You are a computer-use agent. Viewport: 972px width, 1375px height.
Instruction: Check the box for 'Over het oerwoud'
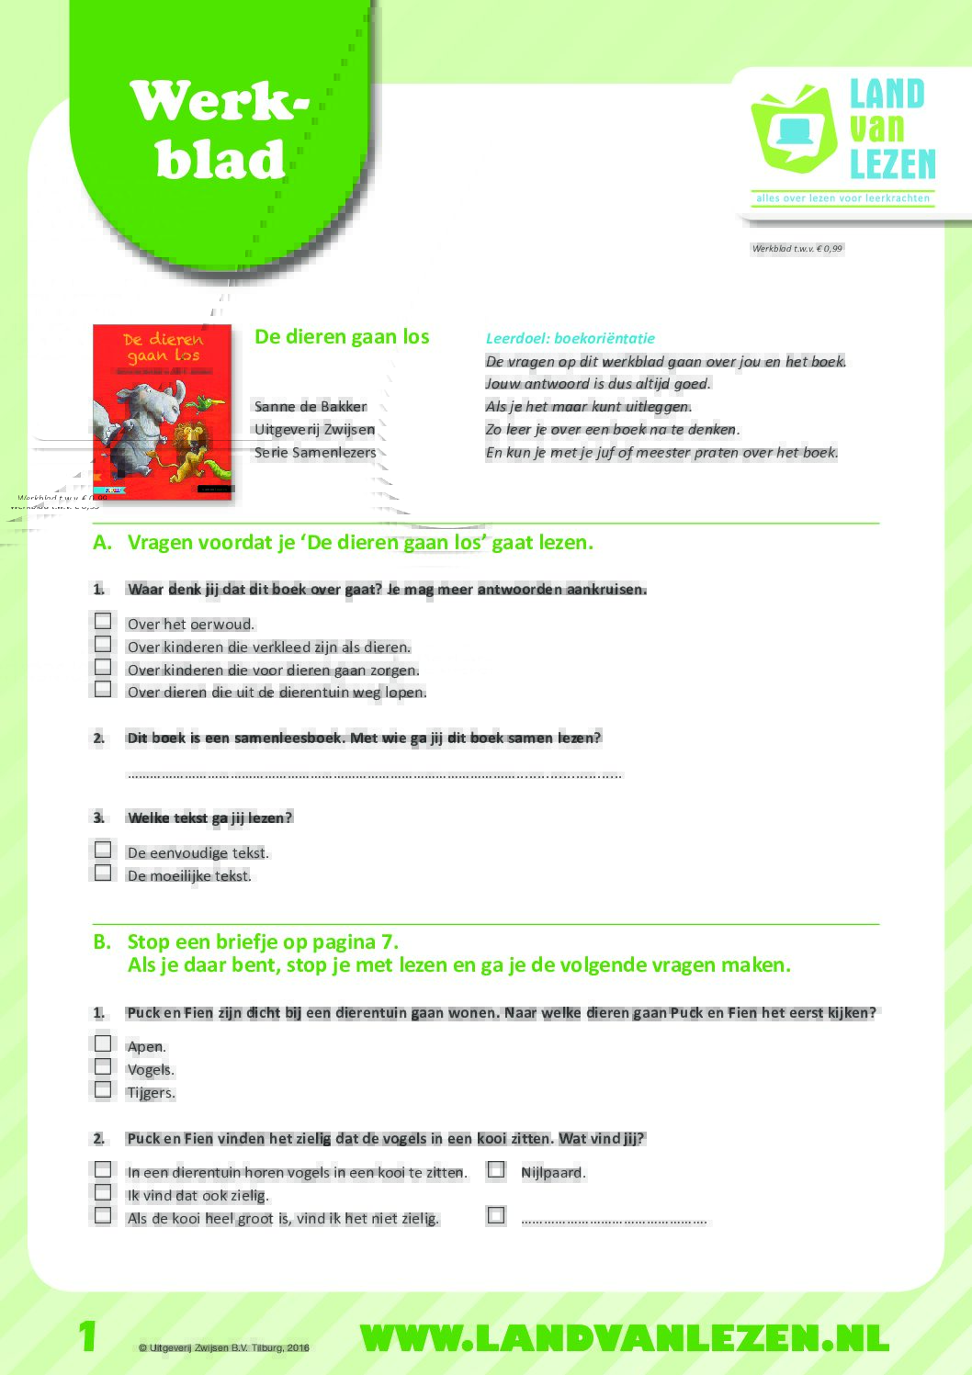coord(103,622)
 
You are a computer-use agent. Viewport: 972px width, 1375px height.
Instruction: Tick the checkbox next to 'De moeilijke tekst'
coord(103,873)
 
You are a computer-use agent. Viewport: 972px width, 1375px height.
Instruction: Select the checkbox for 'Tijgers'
coord(103,1089)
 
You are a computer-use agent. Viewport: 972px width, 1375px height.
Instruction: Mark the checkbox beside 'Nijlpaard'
coord(496,1170)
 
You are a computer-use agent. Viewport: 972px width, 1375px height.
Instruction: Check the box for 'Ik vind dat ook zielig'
coord(103,1192)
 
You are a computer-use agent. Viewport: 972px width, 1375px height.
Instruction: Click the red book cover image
coord(163,412)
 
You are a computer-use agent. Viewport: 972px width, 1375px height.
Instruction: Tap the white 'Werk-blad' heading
coord(220,130)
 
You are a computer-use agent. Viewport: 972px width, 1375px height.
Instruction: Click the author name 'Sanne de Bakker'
coord(311,406)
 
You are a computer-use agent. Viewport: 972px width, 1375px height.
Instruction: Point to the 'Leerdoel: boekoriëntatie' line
coord(570,338)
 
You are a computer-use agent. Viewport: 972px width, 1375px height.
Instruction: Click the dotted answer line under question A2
coord(374,774)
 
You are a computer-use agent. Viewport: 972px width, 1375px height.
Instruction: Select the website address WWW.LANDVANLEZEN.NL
coord(625,1338)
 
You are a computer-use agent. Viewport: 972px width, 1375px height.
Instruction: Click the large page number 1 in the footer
coord(87,1336)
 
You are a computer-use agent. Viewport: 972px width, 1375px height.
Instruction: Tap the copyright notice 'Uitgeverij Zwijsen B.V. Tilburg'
coord(224,1348)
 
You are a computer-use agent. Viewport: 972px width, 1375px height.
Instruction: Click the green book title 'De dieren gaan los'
coord(342,337)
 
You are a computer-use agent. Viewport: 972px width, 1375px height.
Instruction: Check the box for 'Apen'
coord(103,1043)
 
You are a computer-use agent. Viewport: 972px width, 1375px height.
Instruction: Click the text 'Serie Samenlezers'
coord(315,452)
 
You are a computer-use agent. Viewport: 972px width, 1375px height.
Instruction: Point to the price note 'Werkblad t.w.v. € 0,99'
coord(797,248)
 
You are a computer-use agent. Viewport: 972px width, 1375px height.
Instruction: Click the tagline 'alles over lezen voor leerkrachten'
coord(842,198)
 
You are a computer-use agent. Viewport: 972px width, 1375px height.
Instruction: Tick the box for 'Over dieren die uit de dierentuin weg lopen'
coord(103,689)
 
